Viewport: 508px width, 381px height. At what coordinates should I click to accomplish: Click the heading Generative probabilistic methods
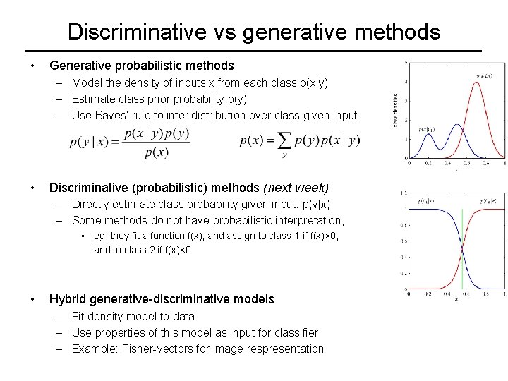coord(140,66)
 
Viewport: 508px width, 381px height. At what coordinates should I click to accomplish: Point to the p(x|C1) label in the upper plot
coord(426,129)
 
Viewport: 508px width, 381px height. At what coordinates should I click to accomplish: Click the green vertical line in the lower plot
coord(463,247)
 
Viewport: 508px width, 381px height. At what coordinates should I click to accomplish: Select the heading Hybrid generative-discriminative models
coord(161,299)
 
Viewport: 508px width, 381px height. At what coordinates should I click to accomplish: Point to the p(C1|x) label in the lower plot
coord(426,202)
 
